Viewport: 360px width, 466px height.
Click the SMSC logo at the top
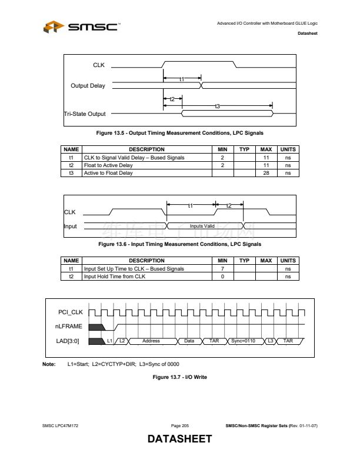(x=82, y=26)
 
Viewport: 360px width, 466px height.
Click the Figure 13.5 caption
(x=179, y=133)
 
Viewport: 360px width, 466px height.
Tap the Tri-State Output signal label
(x=85, y=114)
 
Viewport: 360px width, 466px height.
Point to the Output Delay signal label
(x=88, y=86)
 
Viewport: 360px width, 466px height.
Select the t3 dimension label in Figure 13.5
(x=217, y=106)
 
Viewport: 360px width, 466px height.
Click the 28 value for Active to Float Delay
(x=266, y=173)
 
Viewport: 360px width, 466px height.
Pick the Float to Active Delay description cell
(x=109, y=165)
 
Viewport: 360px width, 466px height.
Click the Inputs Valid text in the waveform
(x=202, y=226)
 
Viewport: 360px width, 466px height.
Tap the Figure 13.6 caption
(x=179, y=244)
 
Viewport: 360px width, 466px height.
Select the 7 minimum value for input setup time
(x=222, y=268)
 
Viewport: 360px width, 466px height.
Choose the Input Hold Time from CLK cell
(x=115, y=276)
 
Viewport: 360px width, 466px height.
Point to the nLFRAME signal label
(x=69, y=326)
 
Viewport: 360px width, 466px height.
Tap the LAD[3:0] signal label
(x=68, y=341)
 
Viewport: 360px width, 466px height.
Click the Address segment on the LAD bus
(x=151, y=341)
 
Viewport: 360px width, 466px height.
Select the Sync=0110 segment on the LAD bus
(x=243, y=341)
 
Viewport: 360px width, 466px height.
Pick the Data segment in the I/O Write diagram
(x=189, y=341)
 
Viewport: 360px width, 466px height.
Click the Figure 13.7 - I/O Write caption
(x=179, y=377)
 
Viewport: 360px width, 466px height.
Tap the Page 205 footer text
(x=179, y=425)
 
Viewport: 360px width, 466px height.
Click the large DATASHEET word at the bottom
(x=179, y=439)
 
